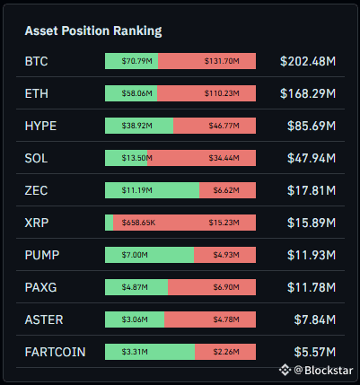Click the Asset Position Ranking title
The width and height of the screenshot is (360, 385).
pyautogui.click(x=93, y=31)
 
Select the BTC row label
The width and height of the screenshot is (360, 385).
pyautogui.click(x=36, y=61)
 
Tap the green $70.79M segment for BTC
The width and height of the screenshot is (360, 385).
pyautogui.click(x=131, y=61)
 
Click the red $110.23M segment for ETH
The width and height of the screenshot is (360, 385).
pyautogui.click(x=206, y=93)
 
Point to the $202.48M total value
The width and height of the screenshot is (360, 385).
pyautogui.click(x=308, y=61)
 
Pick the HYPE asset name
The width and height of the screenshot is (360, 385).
pyautogui.click(x=40, y=126)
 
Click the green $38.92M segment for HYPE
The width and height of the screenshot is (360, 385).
pyautogui.click(x=139, y=126)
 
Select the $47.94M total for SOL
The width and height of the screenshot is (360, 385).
pyautogui.click(x=312, y=158)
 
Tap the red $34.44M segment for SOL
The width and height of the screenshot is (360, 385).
pyautogui.click(x=201, y=158)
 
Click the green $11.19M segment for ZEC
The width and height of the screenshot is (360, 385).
pyautogui.click(x=152, y=190)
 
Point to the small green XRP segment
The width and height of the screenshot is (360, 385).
pyautogui.click(x=109, y=223)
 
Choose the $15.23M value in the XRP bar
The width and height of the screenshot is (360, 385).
pyautogui.click(x=224, y=223)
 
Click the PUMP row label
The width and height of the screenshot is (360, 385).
pyautogui.click(x=42, y=255)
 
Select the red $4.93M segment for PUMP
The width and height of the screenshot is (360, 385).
pyautogui.click(x=224, y=255)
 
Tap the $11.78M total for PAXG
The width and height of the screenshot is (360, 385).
pyautogui.click(x=312, y=287)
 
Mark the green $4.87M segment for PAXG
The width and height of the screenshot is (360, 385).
pyautogui.click(x=136, y=287)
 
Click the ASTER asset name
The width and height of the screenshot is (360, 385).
pyautogui.click(x=44, y=319)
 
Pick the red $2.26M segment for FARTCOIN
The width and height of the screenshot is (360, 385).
pyautogui.click(x=225, y=352)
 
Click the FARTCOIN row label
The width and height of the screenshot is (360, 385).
pyautogui.click(x=55, y=352)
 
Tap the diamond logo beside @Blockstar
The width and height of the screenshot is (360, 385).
pyautogui.click(x=285, y=370)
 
